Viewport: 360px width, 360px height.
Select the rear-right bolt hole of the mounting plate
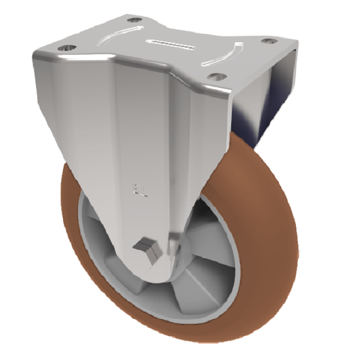(x=269, y=41)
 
